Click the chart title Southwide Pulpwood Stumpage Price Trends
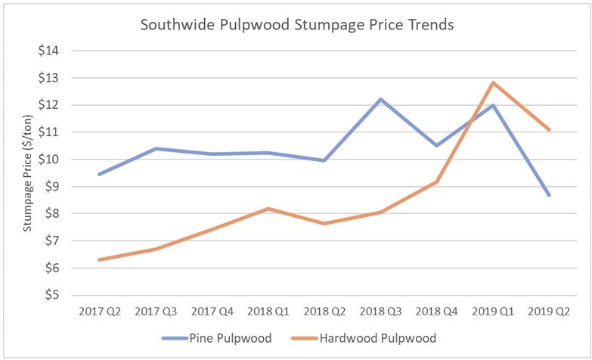[297, 25]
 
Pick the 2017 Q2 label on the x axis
[99, 312]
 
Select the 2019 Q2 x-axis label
[549, 312]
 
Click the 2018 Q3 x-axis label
[380, 312]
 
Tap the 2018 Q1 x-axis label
[268, 312]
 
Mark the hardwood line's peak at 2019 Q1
[493, 82]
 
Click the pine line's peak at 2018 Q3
[380, 99]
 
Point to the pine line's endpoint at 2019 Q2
[549, 195]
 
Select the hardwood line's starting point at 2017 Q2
[99, 259]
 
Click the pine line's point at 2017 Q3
[156, 148]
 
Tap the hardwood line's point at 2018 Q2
[324, 223]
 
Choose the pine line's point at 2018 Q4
[436, 145]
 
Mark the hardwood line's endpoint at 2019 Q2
[549, 130]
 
